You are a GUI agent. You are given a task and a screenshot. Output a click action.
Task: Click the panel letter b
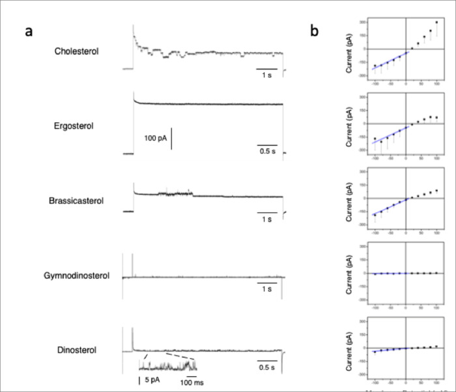pos(314,31)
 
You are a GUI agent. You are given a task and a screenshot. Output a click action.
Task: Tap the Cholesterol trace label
pos(77,50)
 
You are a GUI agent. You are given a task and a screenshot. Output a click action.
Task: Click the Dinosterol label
pos(77,350)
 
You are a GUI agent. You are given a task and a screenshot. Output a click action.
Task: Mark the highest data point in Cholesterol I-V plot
pos(436,22)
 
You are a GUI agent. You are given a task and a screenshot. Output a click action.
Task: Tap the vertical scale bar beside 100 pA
pos(172,139)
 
